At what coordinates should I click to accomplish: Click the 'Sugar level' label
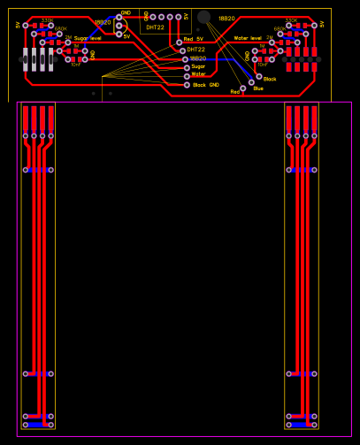coord(88,39)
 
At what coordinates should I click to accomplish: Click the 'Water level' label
coord(248,39)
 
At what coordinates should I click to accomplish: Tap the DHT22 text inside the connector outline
coord(155,27)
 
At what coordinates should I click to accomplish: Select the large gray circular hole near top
coord(203,17)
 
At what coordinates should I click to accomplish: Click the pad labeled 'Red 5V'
coord(179,42)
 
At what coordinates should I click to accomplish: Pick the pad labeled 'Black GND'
coord(187,85)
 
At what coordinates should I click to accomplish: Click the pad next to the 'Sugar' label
coord(187,67)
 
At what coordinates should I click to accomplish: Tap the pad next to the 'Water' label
coord(187,75)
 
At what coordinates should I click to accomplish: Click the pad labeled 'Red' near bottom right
coord(242,89)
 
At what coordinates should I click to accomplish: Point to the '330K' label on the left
coord(46,19)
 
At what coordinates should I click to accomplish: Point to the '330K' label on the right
coord(291,19)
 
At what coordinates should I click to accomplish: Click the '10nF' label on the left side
coord(75,65)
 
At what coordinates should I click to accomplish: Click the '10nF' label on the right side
coord(262,65)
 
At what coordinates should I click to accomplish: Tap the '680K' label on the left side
coord(60,28)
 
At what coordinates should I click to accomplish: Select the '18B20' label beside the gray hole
coord(226,18)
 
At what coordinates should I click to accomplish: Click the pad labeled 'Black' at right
coord(257,77)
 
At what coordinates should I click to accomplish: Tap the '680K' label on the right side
coord(280,28)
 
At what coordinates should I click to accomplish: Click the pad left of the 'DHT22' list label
coord(180,50)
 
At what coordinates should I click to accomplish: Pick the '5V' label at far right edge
coord(322,25)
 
